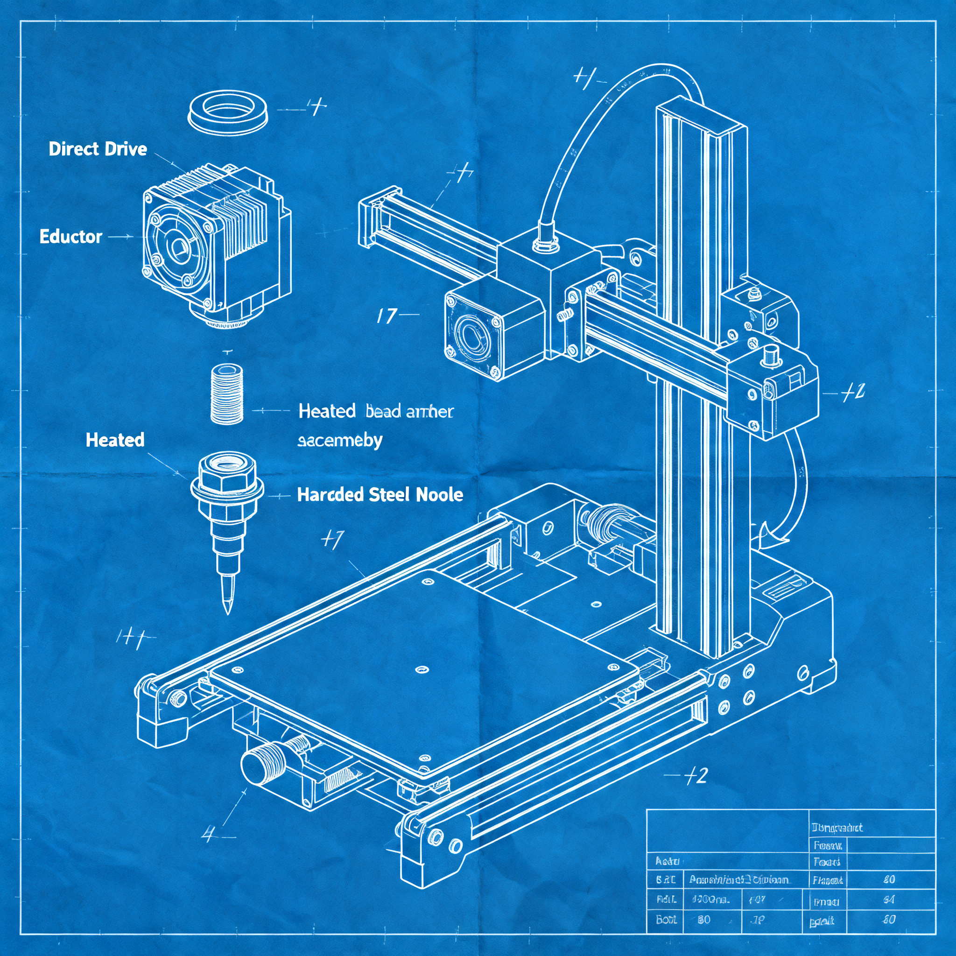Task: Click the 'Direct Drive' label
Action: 98,149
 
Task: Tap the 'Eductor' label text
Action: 71,237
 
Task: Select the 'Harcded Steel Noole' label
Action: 380,494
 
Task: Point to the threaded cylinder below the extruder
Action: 227,394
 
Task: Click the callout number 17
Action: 387,316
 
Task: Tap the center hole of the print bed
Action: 422,670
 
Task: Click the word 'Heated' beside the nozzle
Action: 115,440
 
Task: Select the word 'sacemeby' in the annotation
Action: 339,440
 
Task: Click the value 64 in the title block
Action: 889,900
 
